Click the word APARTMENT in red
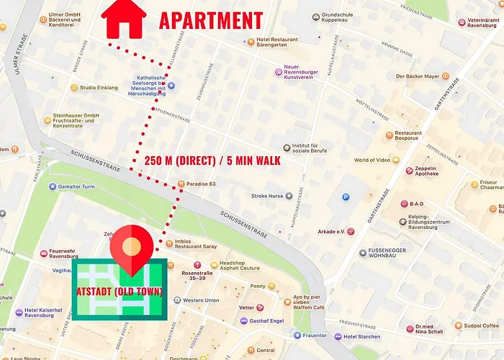[210, 20]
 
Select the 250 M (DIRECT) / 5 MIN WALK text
[212, 160]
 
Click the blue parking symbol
[346, 196]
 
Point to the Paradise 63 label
[201, 184]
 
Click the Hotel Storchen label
[361, 336]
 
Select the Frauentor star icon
[297, 336]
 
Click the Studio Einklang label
[99, 88]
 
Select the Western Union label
[201, 300]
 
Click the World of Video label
[372, 160]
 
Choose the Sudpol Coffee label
[480, 325]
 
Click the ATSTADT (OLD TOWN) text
[120, 291]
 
